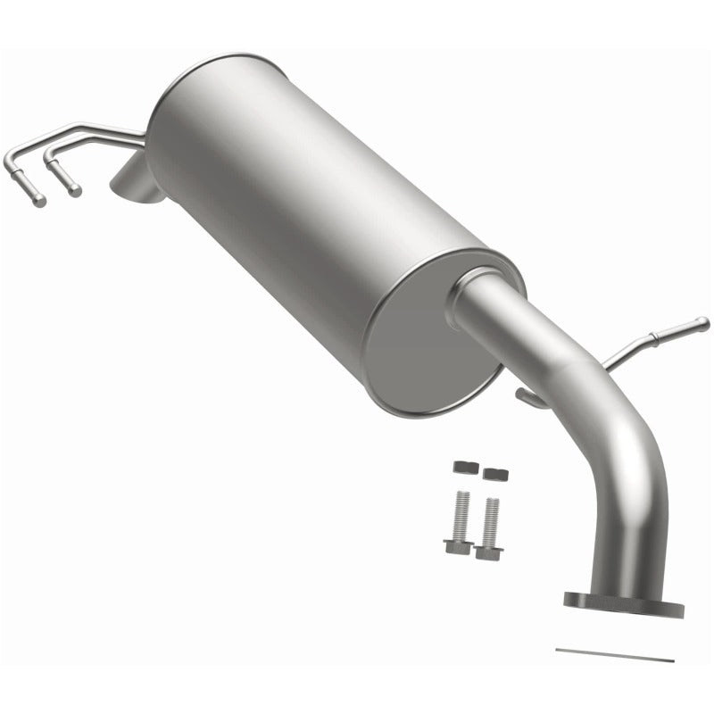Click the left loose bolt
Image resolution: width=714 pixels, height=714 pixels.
pyautogui.click(x=457, y=523)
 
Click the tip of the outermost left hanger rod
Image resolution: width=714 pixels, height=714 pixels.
pyautogui.click(x=38, y=202)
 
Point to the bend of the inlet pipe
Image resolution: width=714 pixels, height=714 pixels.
pyautogui.click(x=638, y=455)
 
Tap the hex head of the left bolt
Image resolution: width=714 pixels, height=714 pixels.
pyautogui.click(x=453, y=544)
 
